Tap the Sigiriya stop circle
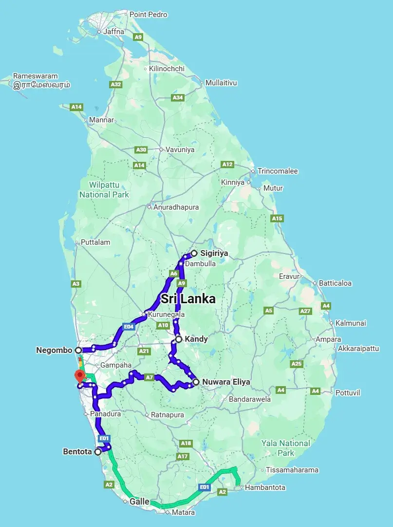pos(194,253)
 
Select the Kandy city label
pos(197,339)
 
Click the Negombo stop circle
pos(78,350)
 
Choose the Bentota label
pos(77,452)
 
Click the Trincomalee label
pos(278,171)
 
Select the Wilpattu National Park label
pos(104,190)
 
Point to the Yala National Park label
pos(285,448)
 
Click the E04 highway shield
pos(129,327)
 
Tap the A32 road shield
pos(116,84)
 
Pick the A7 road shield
pos(150,377)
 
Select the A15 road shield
pos(277,218)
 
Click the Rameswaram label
pos(36,76)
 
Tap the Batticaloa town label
pos(335,283)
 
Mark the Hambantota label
pos(265,488)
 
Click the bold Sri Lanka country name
pos(188,299)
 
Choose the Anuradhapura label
pos(176,207)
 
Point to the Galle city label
pos(140,501)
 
